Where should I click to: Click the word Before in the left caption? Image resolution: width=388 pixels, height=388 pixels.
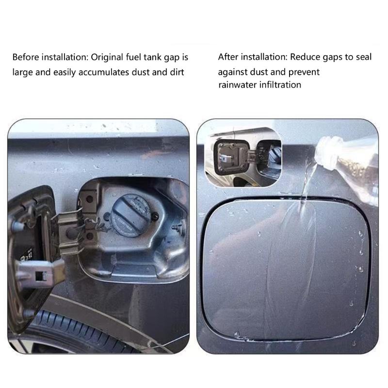(x=25, y=57)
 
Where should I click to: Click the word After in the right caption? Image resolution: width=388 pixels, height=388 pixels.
(x=227, y=57)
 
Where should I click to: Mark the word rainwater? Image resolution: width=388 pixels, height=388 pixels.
(x=238, y=85)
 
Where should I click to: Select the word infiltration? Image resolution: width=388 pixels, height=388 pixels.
(x=280, y=85)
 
